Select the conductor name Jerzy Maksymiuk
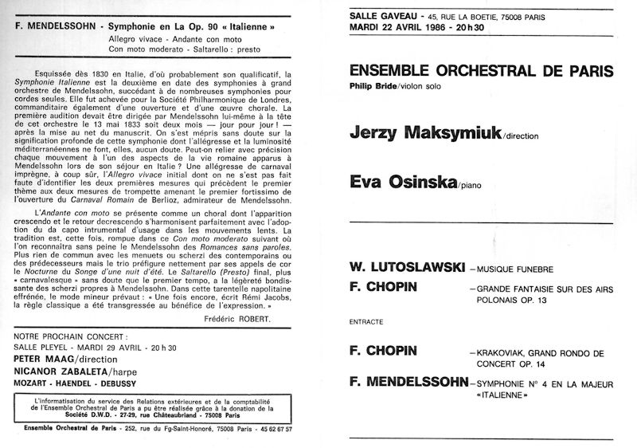pyautogui.click(x=424, y=133)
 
